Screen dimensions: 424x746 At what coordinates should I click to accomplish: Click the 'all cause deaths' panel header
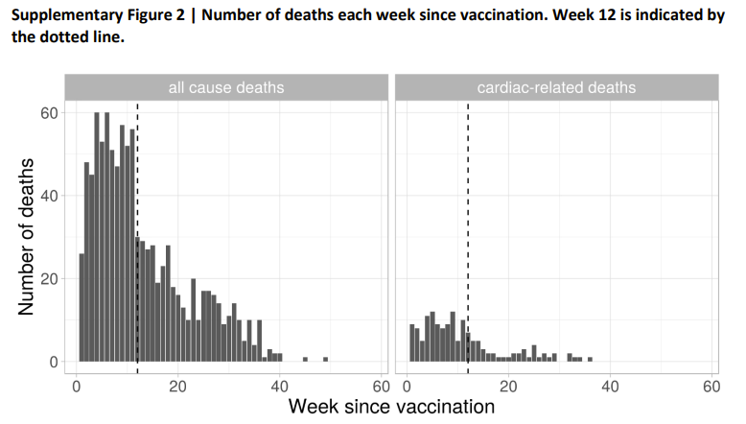[226, 88]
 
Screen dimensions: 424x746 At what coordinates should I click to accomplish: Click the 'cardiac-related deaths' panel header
[556, 88]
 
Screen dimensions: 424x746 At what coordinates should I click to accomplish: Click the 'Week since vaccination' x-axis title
[391, 407]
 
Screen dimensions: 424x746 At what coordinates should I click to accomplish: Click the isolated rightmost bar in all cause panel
[325, 359]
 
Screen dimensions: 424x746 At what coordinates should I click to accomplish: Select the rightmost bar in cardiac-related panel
[590, 359]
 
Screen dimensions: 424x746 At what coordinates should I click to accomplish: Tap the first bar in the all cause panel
[82, 307]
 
